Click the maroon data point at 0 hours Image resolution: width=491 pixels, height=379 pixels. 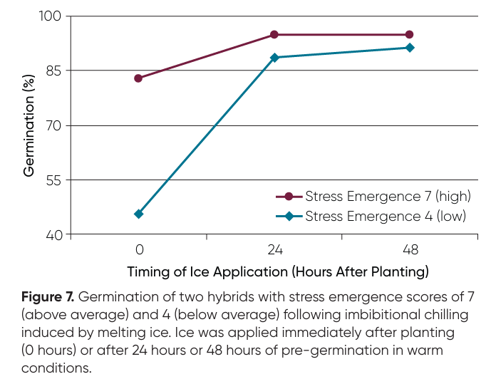[x=138, y=78]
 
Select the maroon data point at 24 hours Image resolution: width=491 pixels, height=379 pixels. [x=274, y=35]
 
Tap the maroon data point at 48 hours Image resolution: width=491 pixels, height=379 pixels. [x=410, y=35]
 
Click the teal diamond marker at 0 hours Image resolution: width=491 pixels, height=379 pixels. [x=138, y=214]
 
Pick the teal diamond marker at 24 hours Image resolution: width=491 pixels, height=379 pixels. [x=274, y=58]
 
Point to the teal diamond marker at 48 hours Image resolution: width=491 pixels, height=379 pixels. [x=410, y=48]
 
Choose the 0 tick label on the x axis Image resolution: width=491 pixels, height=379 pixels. [x=139, y=250]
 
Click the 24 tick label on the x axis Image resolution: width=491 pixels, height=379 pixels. [x=274, y=250]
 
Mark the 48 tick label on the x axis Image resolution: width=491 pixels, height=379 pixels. [x=410, y=250]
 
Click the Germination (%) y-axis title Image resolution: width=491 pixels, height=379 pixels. [x=29, y=125]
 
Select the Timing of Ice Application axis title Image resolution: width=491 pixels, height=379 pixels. [x=278, y=272]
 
